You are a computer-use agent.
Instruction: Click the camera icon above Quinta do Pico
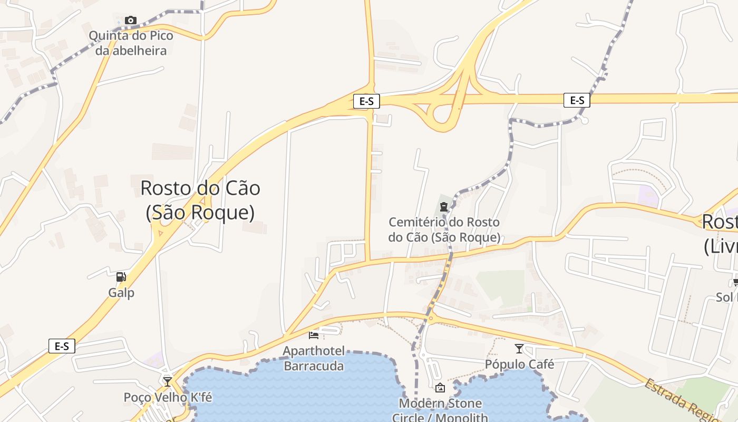coord(130,21)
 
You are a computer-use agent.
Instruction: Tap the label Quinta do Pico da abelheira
coord(131,43)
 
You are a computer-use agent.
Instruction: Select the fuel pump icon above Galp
coord(121,276)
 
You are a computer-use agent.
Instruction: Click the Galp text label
coord(121,293)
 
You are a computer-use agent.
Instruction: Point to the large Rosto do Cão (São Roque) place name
coord(200,200)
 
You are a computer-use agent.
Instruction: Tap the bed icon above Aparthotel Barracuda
coord(314,335)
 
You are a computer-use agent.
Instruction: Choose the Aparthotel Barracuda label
coord(314,358)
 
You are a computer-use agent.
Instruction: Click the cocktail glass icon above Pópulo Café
coord(519,348)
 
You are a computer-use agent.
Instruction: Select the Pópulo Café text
coord(519,365)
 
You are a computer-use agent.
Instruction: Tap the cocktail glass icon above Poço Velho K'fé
coord(168,381)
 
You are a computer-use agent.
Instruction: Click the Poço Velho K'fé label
coord(168,397)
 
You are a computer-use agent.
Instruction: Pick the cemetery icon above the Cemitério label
coord(444,206)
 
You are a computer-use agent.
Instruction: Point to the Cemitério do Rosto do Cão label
coord(444,229)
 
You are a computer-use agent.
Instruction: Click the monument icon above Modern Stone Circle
coord(440,388)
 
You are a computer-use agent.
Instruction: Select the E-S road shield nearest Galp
coord(62,346)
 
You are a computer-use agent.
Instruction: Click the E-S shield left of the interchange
coord(366,101)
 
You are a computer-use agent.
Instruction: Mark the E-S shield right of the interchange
coord(577,100)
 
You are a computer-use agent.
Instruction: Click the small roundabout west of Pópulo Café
coord(431,318)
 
